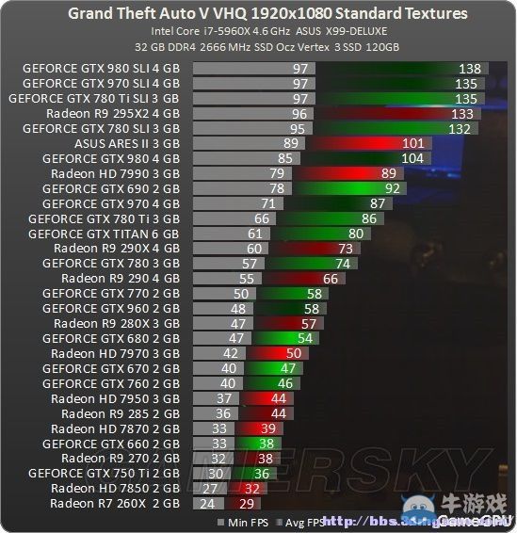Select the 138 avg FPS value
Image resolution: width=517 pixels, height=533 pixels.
(469, 69)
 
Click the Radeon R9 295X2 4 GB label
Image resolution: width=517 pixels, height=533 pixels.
(112, 113)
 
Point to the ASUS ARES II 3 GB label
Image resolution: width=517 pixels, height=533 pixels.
(126, 143)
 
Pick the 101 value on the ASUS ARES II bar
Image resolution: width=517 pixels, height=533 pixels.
(413, 143)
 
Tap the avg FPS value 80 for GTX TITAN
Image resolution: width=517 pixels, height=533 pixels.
(356, 233)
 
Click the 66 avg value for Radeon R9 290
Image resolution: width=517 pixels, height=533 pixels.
(330, 278)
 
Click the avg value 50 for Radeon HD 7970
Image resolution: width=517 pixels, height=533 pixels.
(293, 353)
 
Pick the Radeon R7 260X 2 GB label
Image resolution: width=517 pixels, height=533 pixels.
(115, 503)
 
